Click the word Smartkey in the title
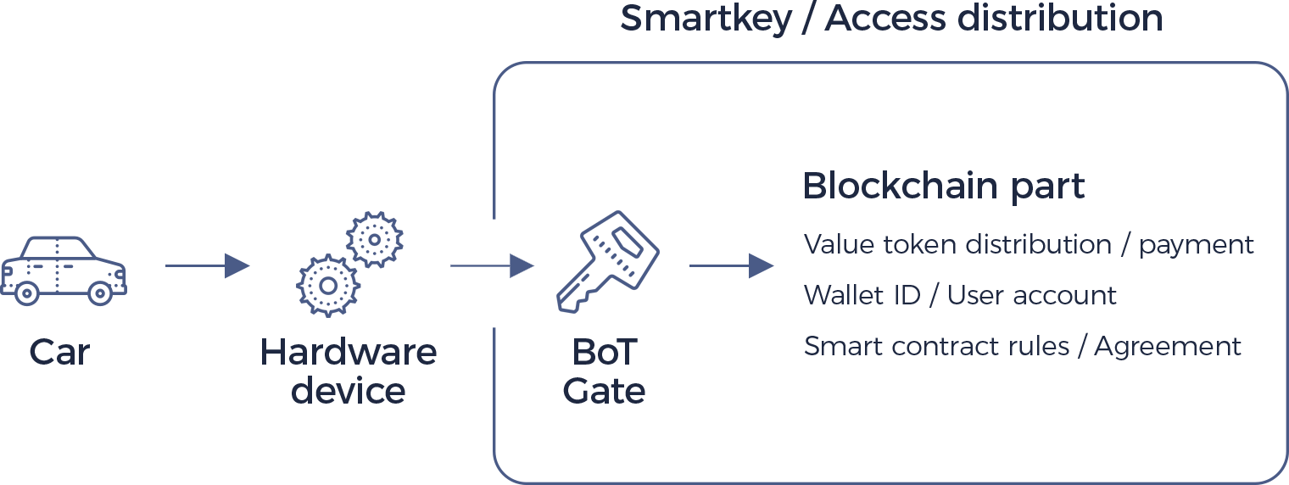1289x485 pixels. [706, 19]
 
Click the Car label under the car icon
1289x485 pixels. [59, 352]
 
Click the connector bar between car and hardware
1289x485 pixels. [208, 265]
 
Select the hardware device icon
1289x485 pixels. [344, 264]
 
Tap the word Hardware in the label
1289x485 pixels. [349, 352]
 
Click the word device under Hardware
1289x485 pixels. [348, 391]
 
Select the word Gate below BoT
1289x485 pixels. [605, 391]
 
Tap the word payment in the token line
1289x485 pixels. [1197, 245]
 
